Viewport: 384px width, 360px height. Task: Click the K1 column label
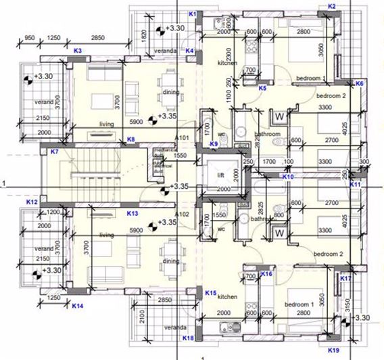pos(192,14)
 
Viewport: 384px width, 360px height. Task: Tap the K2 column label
pos(332,6)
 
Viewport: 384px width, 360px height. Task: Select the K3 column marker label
pos(78,51)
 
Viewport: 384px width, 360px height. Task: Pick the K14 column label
pos(78,307)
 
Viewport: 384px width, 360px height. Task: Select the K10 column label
pos(288,177)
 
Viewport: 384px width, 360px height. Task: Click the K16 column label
pos(266,274)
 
